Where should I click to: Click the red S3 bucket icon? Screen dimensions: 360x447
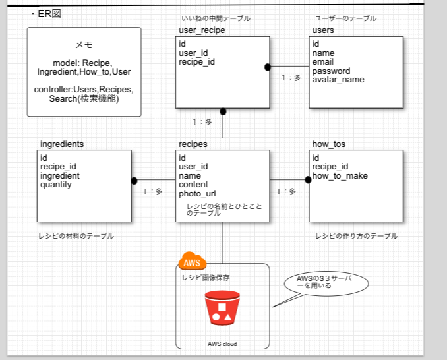pyautogui.click(x=222, y=308)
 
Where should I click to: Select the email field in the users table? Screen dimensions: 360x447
pyautogui.click(x=323, y=62)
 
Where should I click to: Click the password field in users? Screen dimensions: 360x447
pyautogui.click(x=331, y=71)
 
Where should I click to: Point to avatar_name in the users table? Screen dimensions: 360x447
pyautogui.click(x=338, y=80)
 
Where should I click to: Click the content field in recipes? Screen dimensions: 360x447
pyautogui.click(x=194, y=185)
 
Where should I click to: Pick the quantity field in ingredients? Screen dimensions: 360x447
pyautogui.click(x=56, y=185)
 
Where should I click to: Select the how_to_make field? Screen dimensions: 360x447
pyautogui.click(x=340, y=176)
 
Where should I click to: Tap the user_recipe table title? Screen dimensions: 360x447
pyautogui.click(x=202, y=31)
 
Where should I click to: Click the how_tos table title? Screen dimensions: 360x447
pyautogui.click(x=328, y=144)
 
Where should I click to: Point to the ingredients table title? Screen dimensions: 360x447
pyautogui.click(x=62, y=144)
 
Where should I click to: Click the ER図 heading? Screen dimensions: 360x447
pyautogui.click(x=46, y=14)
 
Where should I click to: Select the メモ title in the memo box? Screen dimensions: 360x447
pyautogui.click(x=84, y=45)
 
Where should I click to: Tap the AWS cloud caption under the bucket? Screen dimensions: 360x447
pyautogui.click(x=222, y=344)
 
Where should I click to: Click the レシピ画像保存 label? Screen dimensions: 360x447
pyautogui.click(x=206, y=278)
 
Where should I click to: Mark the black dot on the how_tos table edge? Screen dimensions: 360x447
pyautogui.click(x=308, y=180)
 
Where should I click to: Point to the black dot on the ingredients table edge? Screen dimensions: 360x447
pyautogui.click(x=134, y=180)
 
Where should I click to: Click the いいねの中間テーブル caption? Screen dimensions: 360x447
pyautogui.click(x=216, y=18)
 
